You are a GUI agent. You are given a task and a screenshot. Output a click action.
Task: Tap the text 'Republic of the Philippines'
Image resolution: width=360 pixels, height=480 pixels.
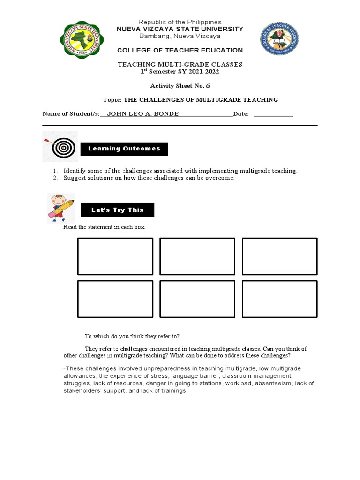pyautogui.click(x=180, y=22)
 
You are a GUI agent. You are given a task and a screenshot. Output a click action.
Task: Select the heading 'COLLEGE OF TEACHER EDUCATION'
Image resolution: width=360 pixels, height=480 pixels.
pyautogui.click(x=180, y=50)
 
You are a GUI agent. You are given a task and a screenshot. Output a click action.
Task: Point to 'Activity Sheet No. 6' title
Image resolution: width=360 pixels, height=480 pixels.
pyautogui.click(x=180, y=86)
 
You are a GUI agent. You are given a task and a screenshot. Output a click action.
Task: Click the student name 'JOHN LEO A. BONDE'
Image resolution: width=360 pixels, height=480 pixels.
pyautogui.click(x=143, y=114)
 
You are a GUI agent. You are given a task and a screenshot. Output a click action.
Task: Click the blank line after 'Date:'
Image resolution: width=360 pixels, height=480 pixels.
pyautogui.click(x=273, y=114)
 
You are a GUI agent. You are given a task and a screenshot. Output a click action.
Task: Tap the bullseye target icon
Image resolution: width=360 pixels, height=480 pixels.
pyautogui.click(x=60, y=148)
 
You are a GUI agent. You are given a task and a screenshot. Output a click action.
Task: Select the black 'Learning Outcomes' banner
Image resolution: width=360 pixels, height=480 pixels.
pyautogui.click(x=124, y=149)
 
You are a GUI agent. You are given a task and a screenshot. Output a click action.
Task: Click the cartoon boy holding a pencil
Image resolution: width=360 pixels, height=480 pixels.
pyautogui.click(x=60, y=207)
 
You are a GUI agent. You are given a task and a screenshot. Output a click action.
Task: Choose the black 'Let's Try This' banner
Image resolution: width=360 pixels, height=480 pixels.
pyautogui.click(x=117, y=210)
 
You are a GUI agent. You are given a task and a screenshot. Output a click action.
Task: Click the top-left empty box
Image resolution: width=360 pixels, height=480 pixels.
pyautogui.click(x=115, y=256)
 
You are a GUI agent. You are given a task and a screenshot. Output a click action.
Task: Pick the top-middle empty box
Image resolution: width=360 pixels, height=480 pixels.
pyautogui.click(x=197, y=256)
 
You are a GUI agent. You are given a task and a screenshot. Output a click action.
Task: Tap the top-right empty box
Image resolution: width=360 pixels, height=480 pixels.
pyautogui.click(x=279, y=256)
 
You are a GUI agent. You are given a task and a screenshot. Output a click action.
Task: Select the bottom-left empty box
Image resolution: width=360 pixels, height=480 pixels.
pyautogui.click(x=115, y=299)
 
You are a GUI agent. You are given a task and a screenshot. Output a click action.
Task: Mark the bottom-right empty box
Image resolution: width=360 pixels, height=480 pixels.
pyautogui.click(x=279, y=299)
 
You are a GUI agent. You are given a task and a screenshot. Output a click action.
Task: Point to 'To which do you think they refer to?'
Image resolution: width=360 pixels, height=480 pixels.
pyautogui.click(x=132, y=336)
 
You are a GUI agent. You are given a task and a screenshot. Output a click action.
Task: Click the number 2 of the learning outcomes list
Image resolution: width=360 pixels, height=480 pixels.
pyautogui.click(x=55, y=178)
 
